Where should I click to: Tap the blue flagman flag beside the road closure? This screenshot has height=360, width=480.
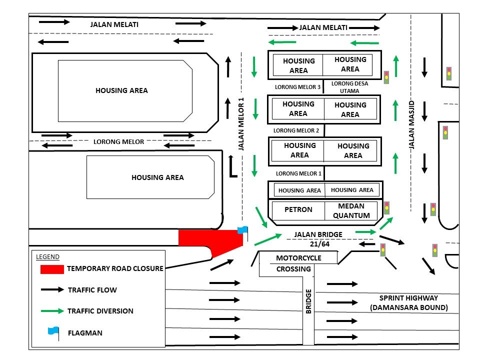[x=242, y=230]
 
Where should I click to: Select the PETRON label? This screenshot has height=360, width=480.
[x=298, y=210]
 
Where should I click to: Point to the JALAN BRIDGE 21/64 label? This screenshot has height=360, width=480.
[x=318, y=239]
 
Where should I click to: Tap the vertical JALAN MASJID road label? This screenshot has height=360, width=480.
[x=412, y=124]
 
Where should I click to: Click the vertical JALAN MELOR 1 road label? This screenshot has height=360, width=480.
[x=241, y=124]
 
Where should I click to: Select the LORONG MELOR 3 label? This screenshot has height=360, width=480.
[x=297, y=87]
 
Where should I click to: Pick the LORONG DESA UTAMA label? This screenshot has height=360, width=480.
[x=349, y=86]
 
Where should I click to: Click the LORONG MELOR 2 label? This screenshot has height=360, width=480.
[x=296, y=130]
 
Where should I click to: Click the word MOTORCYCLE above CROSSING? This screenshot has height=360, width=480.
[x=298, y=258]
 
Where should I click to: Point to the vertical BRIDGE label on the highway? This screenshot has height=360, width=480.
[x=308, y=301]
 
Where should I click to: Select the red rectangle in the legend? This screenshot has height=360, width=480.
[x=52, y=269]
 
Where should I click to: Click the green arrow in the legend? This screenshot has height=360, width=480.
[x=52, y=311]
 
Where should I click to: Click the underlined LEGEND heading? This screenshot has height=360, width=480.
[x=47, y=257]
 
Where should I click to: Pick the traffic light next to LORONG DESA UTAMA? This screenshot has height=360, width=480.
[x=386, y=76]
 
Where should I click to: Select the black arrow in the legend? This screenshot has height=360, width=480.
[x=52, y=289]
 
